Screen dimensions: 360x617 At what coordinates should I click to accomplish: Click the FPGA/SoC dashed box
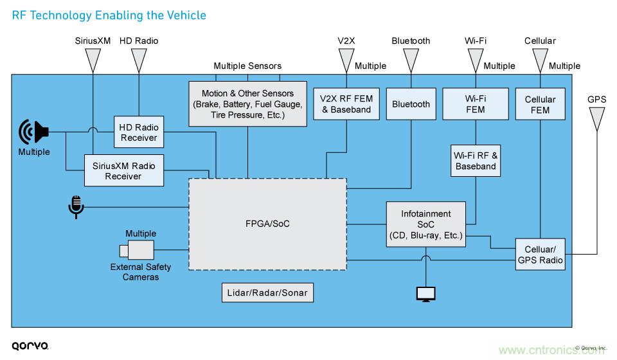[x=266, y=223]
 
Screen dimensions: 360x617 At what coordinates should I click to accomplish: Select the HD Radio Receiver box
[x=139, y=131]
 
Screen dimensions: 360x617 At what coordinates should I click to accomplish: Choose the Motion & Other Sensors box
[x=247, y=103]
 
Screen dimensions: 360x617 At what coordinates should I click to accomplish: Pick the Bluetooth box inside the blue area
[x=411, y=104]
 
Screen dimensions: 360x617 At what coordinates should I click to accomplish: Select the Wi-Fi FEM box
[x=476, y=104]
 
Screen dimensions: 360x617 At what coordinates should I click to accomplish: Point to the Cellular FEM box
[x=540, y=104]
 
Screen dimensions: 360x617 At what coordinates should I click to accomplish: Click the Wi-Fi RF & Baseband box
[x=476, y=161]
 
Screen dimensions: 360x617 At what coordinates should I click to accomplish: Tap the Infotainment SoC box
[x=425, y=223]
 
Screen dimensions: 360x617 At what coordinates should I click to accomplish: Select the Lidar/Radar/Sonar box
[x=267, y=293]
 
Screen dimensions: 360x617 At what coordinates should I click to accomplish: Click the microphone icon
[x=75, y=207]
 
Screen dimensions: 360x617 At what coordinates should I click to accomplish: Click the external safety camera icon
[x=136, y=249]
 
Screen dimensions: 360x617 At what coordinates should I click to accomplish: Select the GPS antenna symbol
[x=596, y=118]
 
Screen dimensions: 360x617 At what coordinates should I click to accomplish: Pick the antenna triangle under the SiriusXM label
[x=93, y=60]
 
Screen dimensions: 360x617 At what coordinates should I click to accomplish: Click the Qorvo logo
[x=30, y=345]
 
